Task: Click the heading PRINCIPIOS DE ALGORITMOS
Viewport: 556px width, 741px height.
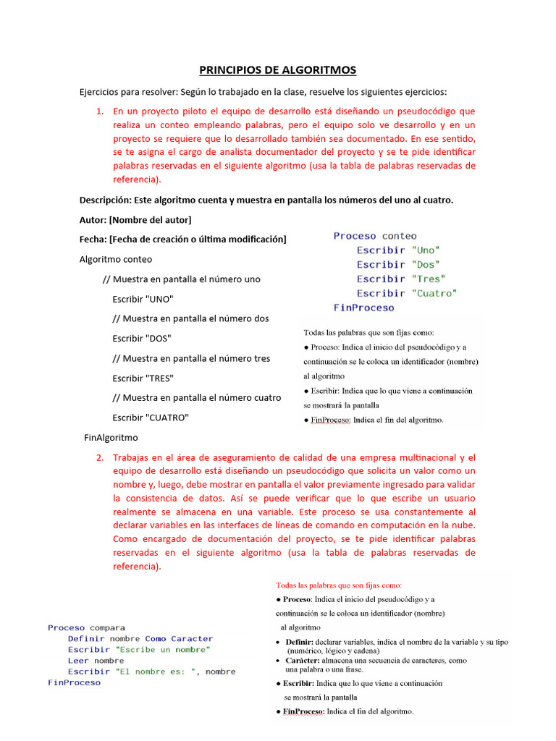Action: pyautogui.click(x=278, y=70)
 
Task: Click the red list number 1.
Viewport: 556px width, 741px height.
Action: pyautogui.click(x=100, y=111)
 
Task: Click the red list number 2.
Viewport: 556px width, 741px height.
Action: pyautogui.click(x=100, y=457)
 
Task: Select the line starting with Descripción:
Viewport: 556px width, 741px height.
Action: pyautogui.click(x=266, y=200)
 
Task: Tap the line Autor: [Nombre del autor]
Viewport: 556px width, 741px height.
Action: pyautogui.click(x=135, y=219)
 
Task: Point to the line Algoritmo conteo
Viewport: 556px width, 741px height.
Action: pyautogui.click(x=116, y=259)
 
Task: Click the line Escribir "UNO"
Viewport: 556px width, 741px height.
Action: pyautogui.click(x=143, y=299)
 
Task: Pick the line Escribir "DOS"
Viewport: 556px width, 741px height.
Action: pyautogui.click(x=142, y=338)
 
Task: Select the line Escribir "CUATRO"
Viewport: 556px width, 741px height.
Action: pyautogui.click(x=150, y=418)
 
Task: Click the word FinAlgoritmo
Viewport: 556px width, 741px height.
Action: pyautogui.click(x=111, y=437)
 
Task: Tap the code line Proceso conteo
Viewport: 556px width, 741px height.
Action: pyautogui.click(x=374, y=236)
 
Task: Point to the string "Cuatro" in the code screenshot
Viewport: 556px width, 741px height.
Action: pyautogui.click(x=434, y=293)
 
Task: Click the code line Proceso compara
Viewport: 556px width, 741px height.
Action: pyautogui.click(x=86, y=627)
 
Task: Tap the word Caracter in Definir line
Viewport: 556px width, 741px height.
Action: pyautogui.click(x=192, y=639)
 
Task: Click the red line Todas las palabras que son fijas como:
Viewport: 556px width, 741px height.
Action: pyautogui.click(x=339, y=585)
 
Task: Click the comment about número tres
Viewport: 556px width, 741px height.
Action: pyautogui.click(x=191, y=358)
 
